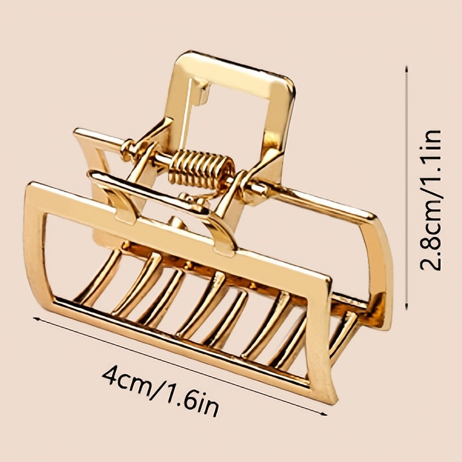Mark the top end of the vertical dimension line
point(408,66)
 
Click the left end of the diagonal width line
point(33,317)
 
